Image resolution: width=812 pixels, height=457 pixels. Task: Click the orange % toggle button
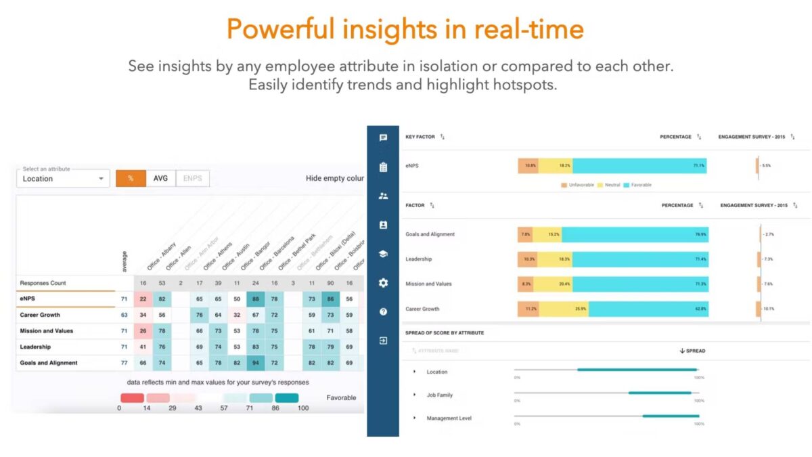point(130,179)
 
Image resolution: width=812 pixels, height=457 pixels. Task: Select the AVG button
point(160,179)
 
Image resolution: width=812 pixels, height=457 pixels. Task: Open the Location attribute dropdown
point(63,179)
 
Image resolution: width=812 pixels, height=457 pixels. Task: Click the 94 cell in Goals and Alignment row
point(256,363)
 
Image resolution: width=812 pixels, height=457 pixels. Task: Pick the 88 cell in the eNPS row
point(256,299)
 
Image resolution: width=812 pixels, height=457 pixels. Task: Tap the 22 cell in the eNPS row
point(143,299)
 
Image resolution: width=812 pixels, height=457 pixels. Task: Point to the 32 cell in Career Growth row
point(237,315)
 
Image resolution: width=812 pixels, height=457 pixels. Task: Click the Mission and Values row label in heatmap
point(46,331)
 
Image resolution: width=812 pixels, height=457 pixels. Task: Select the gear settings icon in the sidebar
point(383,283)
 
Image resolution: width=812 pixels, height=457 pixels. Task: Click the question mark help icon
point(383,312)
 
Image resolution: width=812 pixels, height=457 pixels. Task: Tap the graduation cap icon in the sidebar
point(383,254)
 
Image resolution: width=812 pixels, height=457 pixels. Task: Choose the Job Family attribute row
point(439,395)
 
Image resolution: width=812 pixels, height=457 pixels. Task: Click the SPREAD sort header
point(692,351)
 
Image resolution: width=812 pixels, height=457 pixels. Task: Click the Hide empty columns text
point(335,179)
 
